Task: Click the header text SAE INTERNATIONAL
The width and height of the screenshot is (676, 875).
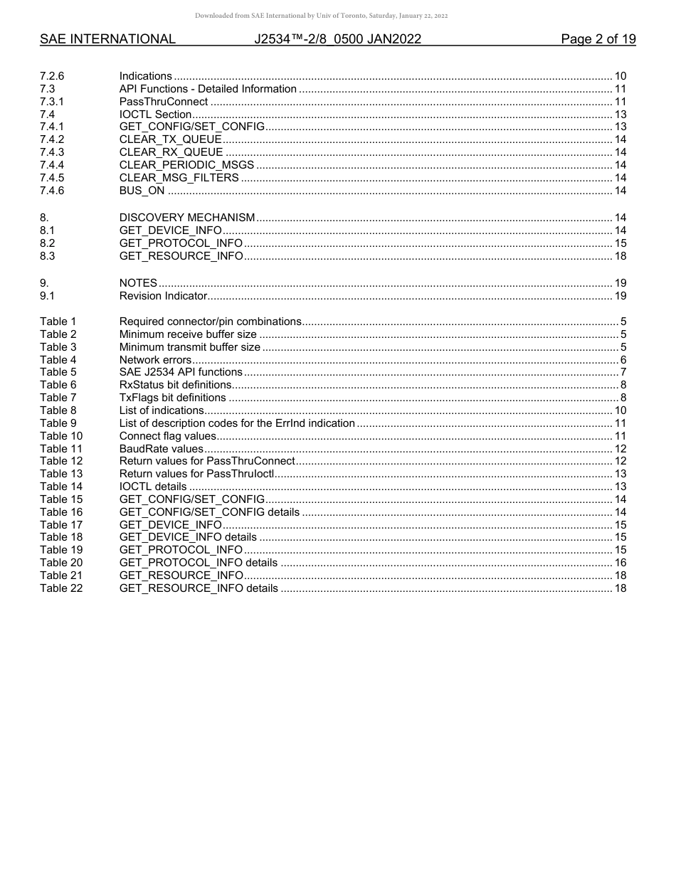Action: click(107, 39)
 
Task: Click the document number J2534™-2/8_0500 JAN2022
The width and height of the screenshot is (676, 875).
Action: click(337, 39)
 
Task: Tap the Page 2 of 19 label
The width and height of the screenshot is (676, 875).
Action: click(598, 39)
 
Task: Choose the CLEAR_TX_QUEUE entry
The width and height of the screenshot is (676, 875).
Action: click(170, 139)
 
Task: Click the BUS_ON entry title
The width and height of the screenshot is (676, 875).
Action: click(142, 191)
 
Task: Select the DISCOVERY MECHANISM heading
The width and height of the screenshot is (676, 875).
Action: click(186, 218)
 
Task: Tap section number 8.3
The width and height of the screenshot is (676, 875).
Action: click(47, 256)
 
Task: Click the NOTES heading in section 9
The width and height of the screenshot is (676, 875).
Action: click(138, 283)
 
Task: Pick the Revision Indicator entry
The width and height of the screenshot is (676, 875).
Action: click(163, 296)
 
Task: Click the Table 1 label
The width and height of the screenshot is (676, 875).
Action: click(58, 322)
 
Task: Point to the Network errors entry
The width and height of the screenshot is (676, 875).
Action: click(155, 360)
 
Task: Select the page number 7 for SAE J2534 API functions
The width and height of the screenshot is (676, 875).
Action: click(623, 372)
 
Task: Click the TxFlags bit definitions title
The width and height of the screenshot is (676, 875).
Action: click(172, 398)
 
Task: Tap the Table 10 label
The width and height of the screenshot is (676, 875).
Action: click(61, 436)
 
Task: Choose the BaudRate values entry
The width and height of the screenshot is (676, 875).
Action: click(161, 449)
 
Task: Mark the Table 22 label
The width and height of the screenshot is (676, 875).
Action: click(61, 588)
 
